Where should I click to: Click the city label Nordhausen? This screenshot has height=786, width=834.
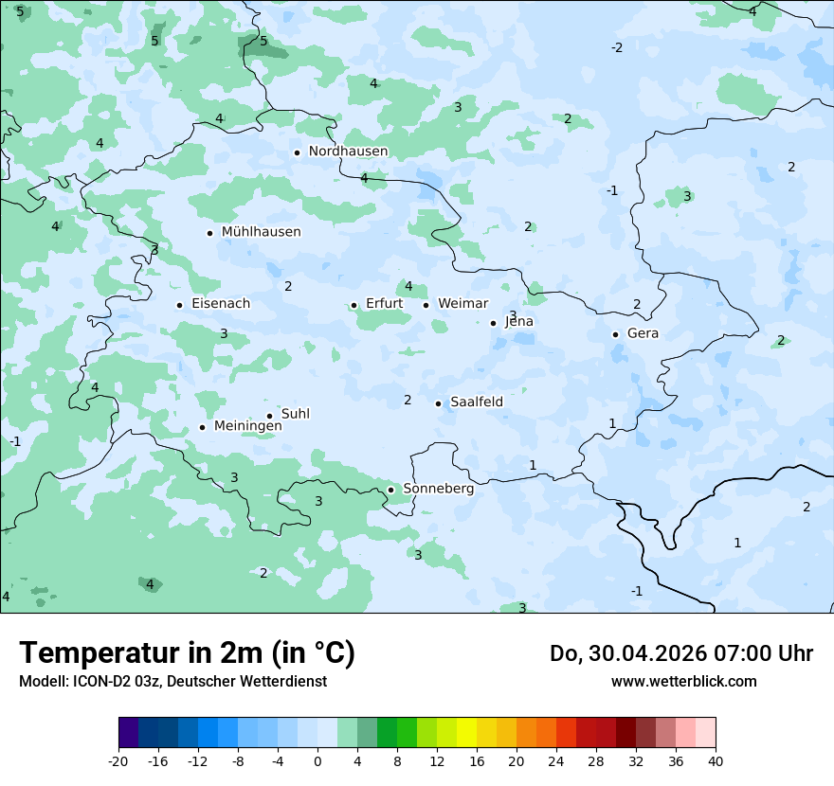[348, 152]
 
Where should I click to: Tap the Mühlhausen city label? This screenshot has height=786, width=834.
[261, 232]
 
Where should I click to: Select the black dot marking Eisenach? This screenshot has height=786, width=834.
[179, 305]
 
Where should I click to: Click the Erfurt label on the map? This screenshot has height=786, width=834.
[384, 304]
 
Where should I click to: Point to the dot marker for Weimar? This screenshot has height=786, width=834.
[426, 305]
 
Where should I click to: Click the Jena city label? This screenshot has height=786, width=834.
[518, 322]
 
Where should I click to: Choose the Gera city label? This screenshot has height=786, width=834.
[643, 333]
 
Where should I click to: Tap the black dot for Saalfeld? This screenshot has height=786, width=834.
[438, 403]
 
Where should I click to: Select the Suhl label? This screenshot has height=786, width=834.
[295, 414]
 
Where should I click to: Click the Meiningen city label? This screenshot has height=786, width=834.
[247, 426]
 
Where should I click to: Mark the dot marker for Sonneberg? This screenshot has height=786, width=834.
[390, 490]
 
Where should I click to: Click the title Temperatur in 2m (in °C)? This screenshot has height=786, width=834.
[187, 653]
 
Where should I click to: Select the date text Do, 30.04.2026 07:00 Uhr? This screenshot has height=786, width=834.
[680, 653]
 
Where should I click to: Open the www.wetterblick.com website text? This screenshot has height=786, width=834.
[683, 681]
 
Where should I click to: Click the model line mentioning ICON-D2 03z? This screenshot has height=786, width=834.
[172, 681]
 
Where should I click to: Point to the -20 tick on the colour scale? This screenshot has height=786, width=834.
[118, 760]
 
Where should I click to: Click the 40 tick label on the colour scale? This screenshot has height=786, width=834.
[716, 760]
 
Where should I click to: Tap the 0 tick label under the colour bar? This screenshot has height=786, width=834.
[317, 760]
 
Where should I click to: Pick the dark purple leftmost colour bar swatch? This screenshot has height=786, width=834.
[128, 733]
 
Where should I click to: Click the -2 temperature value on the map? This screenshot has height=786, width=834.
[616, 47]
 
